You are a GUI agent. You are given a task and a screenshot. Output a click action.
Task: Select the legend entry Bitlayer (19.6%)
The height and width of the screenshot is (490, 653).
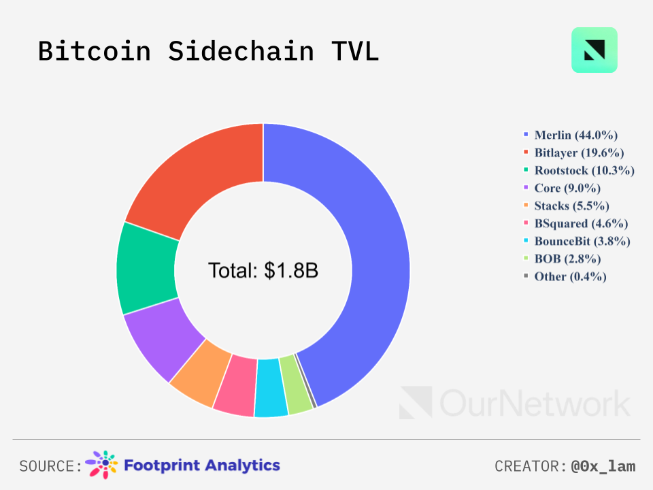pos(579,152)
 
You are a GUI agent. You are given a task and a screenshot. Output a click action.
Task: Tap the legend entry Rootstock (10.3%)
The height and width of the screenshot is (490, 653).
pos(584,170)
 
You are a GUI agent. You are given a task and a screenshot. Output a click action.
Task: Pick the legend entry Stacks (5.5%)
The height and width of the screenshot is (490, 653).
pos(571,206)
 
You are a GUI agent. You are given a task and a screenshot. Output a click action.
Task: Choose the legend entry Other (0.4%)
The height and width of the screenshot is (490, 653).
pos(570,276)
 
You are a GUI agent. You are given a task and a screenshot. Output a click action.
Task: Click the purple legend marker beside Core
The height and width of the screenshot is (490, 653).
pos(526,188)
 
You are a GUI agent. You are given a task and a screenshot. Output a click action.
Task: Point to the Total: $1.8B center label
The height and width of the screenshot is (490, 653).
pos(263,270)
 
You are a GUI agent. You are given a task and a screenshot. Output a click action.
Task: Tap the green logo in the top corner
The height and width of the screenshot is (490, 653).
pos(594,50)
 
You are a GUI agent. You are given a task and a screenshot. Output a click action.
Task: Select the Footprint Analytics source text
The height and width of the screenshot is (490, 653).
pos(201,465)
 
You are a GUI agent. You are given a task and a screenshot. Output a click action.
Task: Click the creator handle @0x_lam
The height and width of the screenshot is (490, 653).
pos(603,466)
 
